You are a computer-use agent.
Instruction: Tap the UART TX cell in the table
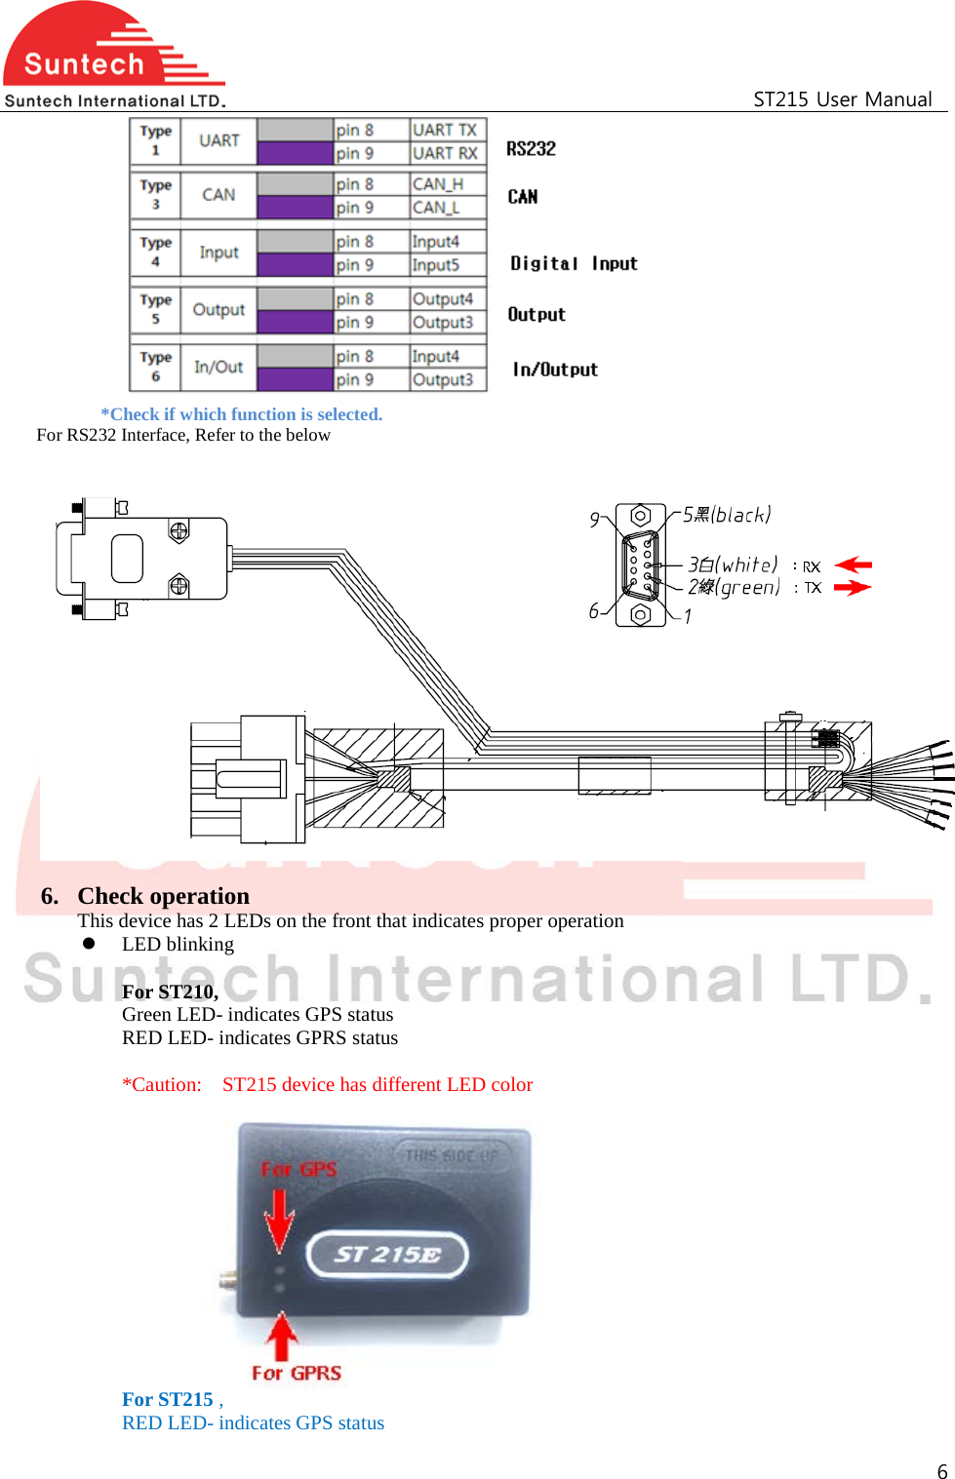[x=446, y=130]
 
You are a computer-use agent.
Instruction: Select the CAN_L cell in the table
[x=435, y=208]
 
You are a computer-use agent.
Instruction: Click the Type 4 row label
[x=155, y=252]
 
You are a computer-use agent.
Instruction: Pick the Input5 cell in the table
[x=435, y=265]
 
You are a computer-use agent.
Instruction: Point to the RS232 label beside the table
[x=531, y=148]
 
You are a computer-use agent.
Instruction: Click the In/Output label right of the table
[x=555, y=370]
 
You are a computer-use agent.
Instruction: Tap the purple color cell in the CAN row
[x=295, y=207]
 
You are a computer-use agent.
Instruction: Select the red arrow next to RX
[x=854, y=564]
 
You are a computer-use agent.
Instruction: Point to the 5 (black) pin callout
[x=727, y=515]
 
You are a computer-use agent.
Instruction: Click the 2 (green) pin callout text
[x=734, y=587]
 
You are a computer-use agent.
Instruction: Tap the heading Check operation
[x=163, y=895]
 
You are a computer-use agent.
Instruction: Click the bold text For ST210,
[x=170, y=992]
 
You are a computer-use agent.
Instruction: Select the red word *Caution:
[x=162, y=1084]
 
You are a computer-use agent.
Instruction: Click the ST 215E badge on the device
[x=387, y=1255]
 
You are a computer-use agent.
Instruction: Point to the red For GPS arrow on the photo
[x=279, y=1219]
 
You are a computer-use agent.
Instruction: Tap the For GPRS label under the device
[x=297, y=1373]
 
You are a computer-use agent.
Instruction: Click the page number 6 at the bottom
[x=941, y=1471]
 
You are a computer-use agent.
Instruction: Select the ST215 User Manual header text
[x=842, y=98]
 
